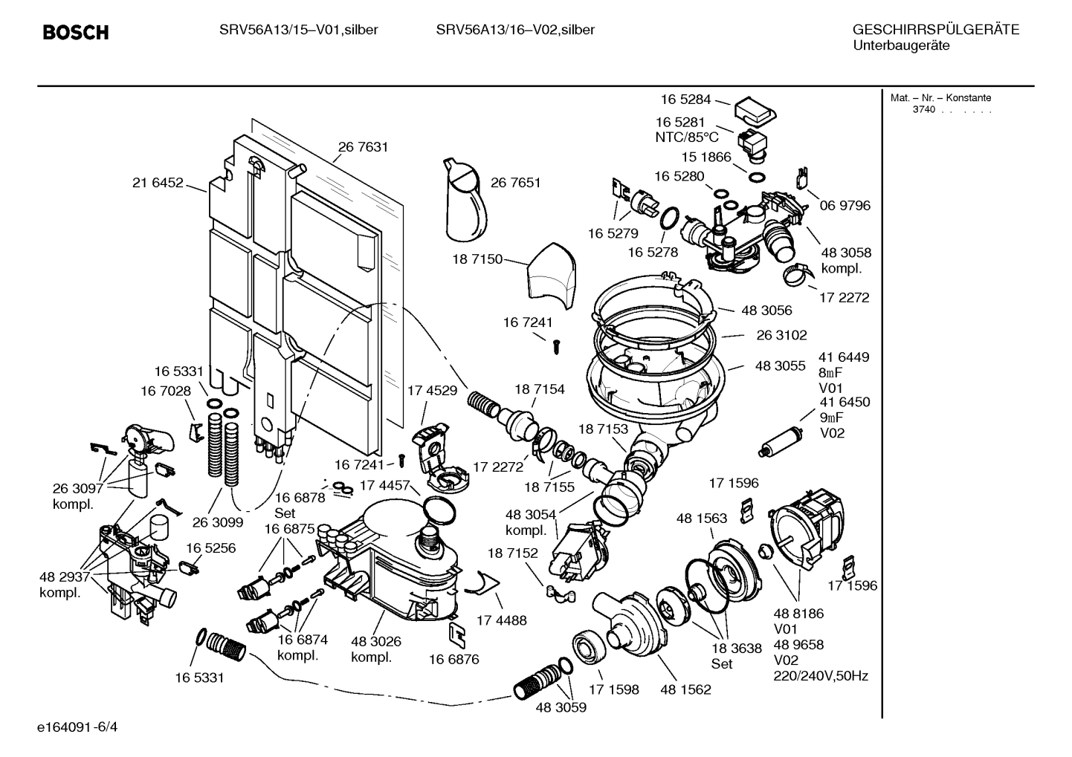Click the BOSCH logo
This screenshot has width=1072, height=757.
(x=76, y=33)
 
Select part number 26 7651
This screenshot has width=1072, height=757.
(x=515, y=183)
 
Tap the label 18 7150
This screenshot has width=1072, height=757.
(x=477, y=259)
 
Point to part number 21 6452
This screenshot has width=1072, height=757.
(x=158, y=183)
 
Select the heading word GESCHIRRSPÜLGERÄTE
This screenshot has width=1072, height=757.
(x=935, y=30)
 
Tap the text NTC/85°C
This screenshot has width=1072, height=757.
(x=686, y=137)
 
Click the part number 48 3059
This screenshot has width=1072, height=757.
(x=561, y=707)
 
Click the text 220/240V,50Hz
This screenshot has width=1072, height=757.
(x=821, y=676)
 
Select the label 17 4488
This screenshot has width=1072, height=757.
(x=501, y=620)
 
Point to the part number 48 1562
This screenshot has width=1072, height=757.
(x=685, y=689)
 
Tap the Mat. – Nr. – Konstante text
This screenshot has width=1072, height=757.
(x=940, y=98)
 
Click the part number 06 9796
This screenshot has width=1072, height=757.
(x=845, y=205)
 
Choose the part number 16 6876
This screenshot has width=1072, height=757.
(x=453, y=659)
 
